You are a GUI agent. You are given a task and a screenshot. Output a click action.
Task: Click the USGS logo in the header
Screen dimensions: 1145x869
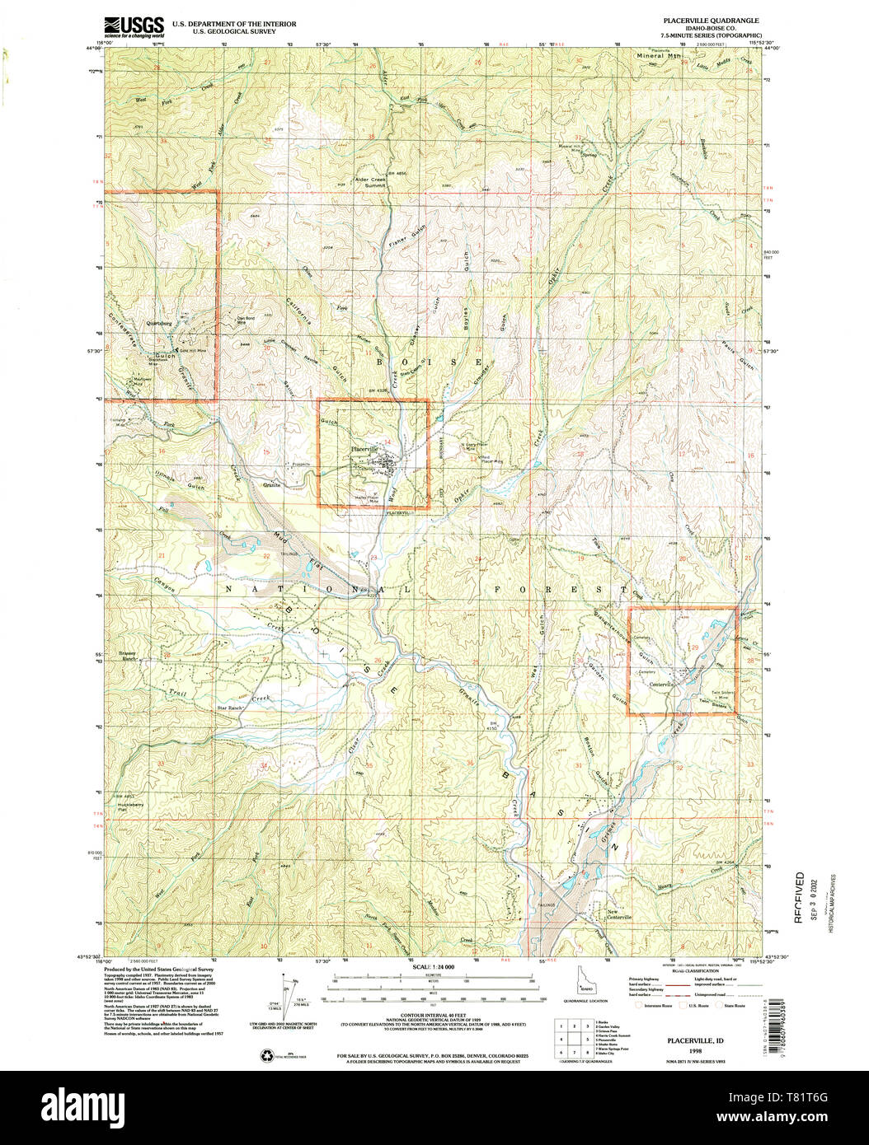pos(134,27)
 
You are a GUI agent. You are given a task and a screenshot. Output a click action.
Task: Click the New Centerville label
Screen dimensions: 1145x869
pos(619,914)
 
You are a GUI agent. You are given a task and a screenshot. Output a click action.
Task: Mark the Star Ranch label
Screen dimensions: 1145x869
pos(232,708)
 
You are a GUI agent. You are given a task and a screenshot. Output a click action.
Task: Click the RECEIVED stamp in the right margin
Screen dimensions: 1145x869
pos(799,897)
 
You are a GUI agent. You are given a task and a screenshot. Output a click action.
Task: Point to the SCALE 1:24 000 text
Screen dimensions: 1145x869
pos(434,965)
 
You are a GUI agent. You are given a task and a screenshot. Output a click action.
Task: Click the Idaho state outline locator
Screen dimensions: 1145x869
pos(585,984)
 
